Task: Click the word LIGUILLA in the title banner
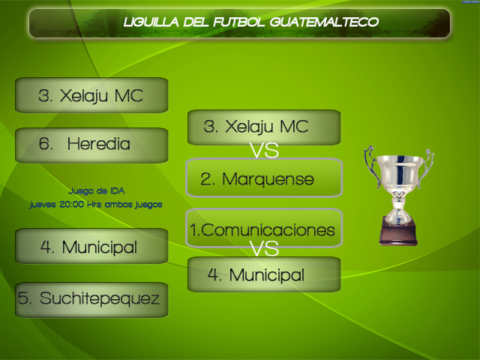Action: (151, 22)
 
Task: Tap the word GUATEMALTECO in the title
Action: (324, 22)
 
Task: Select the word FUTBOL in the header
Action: (238, 22)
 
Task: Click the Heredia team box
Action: (91, 145)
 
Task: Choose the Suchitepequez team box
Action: (91, 300)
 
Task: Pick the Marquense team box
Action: (264, 178)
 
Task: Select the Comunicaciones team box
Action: (264, 228)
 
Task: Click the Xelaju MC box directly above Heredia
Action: (91, 95)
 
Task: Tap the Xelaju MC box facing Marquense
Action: (264, 127)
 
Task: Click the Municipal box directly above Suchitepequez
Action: (91, 246)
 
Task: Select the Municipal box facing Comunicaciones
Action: (264, 274)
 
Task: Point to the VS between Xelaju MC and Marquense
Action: (264, 150)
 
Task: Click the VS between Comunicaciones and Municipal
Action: (264, 248)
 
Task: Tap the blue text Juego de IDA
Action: (97, 191)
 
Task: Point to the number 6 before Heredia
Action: (45, 143)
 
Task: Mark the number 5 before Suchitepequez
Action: (23, 298)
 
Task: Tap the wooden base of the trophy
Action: (398, 231)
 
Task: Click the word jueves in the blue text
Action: (43, 205)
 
